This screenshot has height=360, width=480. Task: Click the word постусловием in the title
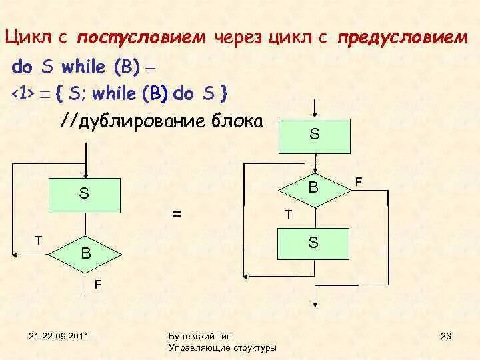[141, 38]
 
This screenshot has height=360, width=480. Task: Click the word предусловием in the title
[403, 38]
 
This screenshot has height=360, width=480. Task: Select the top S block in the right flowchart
[314, 135]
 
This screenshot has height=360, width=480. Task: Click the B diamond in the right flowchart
[313, 189]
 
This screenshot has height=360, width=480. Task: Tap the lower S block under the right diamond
[313, 244]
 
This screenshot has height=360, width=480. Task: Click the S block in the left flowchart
[84, 194]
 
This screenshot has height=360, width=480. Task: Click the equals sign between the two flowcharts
[177, 215]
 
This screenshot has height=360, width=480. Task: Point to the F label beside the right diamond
[359, 181]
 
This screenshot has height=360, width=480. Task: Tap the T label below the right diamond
[288, 215]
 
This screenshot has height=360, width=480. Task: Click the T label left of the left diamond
[39, 239]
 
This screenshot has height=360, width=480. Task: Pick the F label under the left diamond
[98, 285]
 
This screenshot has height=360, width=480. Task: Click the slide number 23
[446, 335]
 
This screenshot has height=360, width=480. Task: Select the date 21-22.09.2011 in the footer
[59, 335]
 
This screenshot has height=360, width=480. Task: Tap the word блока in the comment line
[240, 122]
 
